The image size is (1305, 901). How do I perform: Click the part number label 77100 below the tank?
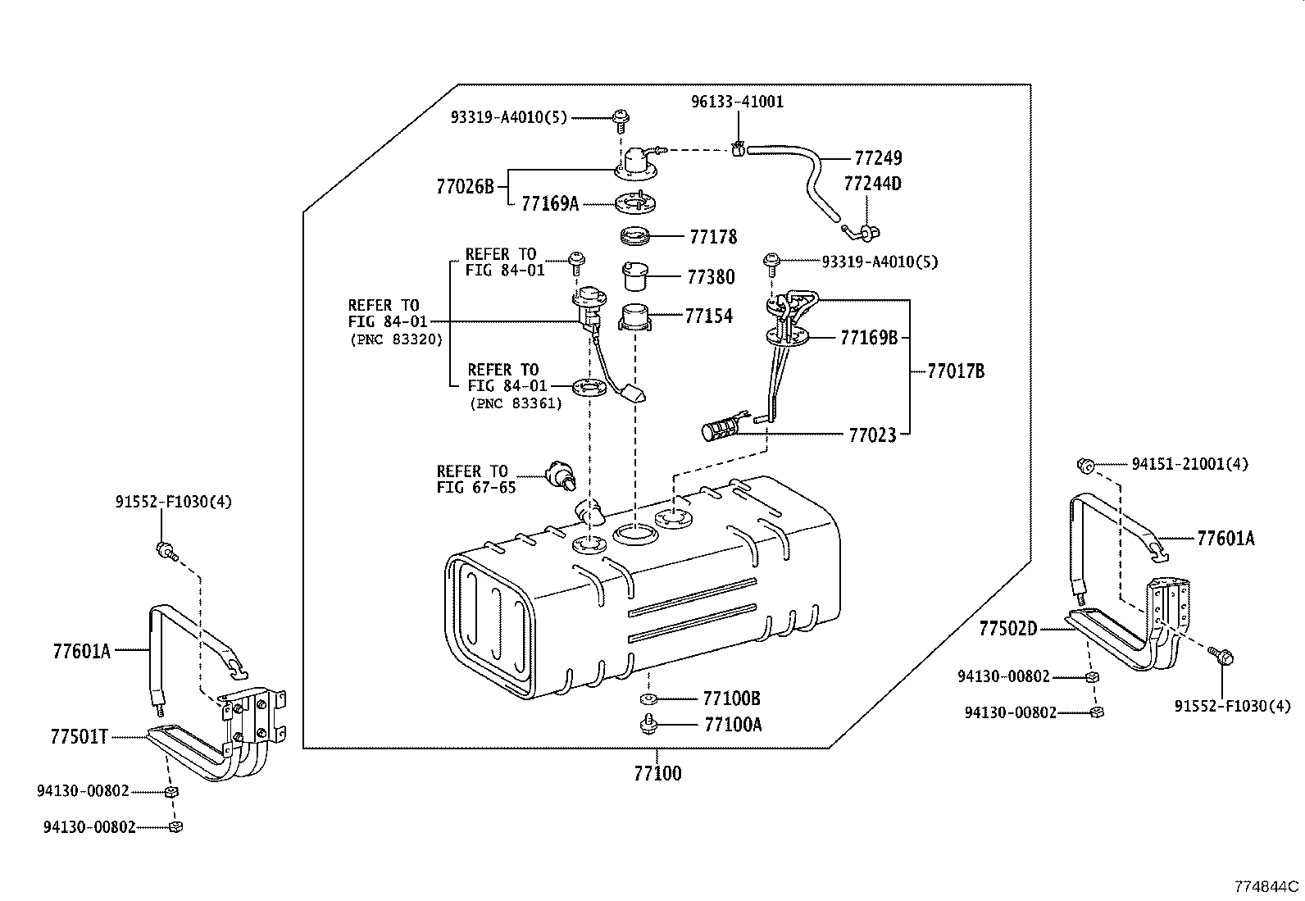[657, 773]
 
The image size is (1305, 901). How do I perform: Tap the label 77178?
[713, 237]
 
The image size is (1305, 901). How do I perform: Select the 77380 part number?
[711, 277]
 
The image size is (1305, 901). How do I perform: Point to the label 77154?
[708, 316]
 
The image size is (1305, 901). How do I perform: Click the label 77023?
[872, 435]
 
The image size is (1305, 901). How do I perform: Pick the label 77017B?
[956, 371]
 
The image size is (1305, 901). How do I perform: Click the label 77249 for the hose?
[878, 157]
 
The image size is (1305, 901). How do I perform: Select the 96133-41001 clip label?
[737, 102]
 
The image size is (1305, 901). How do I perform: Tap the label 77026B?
[465, 187]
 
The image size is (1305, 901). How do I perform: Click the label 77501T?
[80, 736]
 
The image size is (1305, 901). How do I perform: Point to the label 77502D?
[1007, 629]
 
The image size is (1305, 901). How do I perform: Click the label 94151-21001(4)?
[1189, 464]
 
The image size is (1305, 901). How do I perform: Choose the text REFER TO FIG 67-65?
[476, 479]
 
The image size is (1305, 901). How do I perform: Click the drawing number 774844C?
[1267, 886]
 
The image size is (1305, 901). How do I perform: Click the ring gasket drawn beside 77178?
[635, 237]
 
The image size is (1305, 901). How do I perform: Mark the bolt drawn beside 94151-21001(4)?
[1084, 466]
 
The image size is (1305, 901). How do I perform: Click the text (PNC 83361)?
[516, 403]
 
